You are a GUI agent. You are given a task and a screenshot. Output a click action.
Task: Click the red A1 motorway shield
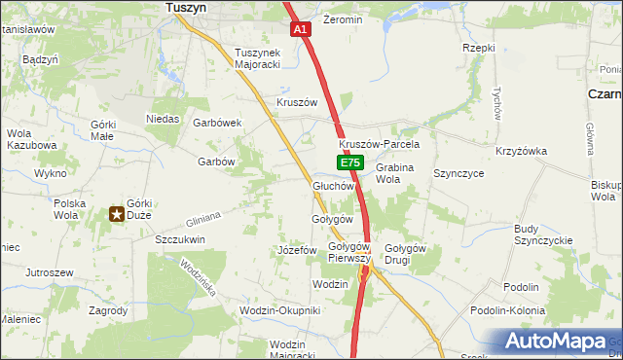coord(301,30)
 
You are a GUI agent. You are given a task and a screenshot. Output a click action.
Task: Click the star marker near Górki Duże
coord(117,214)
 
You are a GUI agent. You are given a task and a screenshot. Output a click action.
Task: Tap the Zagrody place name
coord(108,310)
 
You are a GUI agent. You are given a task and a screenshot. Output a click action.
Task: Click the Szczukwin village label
coord(180,238)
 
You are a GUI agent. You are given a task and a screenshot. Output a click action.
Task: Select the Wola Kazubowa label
coord(32,138)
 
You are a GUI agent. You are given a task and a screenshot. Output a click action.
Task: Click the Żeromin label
coord(342,19)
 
